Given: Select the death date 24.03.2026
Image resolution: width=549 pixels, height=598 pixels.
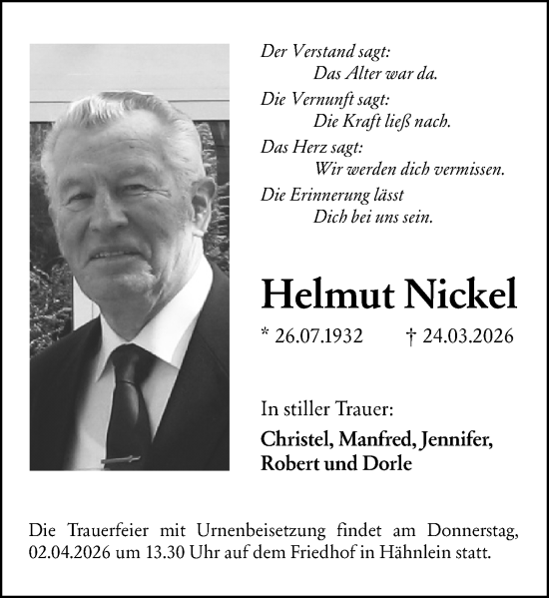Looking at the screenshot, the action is (x=468, y=336).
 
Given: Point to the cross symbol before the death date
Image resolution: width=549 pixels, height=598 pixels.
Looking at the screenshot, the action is (x=413, y=336).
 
